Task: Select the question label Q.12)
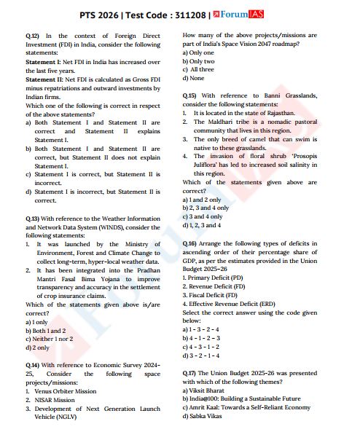(x=33, y=35)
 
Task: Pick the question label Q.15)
(x=190, y=95)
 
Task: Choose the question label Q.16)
(x=190, y=242)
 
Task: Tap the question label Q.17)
(x=190, y=372)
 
